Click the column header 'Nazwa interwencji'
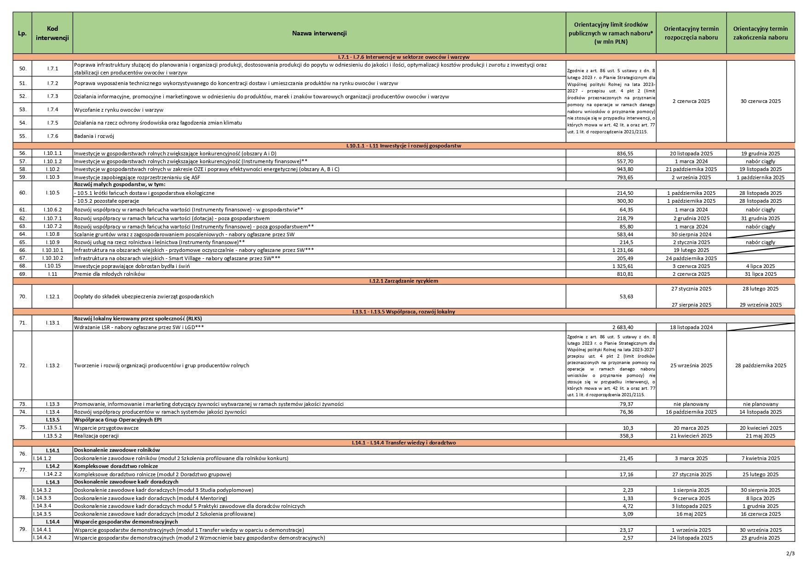319,33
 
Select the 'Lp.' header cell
22,33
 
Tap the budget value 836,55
625,154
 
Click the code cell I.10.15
52,266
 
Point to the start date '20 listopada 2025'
691,154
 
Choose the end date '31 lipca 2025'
761,274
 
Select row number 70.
23,296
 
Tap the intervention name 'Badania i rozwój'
94,136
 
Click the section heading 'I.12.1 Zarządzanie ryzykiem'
403,281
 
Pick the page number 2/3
790,553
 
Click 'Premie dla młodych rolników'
110,274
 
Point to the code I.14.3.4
42,506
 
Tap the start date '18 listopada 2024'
691,327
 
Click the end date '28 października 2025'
761,365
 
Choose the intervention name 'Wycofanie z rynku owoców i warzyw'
119,110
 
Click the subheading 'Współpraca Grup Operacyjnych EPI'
118,420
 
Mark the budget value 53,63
626,296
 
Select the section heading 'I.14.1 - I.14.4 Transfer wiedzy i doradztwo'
403,443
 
